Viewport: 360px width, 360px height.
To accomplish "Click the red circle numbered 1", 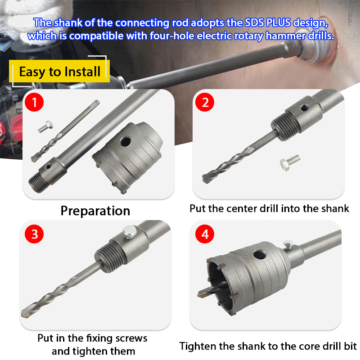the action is coord(34,102).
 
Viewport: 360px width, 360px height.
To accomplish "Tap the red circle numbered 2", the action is coord(205,102).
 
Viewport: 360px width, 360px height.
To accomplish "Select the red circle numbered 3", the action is coord(34,234).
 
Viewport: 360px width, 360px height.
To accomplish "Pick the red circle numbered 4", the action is coord(205,234).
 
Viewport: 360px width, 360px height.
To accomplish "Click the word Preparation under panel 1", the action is coord(95,211).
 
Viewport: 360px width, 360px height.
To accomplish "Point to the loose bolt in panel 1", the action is coord(45,126).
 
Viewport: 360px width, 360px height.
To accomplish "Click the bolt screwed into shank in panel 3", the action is coord(130,232).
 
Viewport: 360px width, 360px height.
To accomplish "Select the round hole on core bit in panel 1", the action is coord(126,141).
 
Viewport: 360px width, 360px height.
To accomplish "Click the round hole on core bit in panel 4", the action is coord(260,255).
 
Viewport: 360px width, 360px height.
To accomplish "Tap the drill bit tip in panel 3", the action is coord(25,314).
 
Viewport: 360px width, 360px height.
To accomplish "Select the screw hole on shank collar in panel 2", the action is coord(304,108).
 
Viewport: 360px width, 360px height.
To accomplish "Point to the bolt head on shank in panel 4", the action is coord(288,243).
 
